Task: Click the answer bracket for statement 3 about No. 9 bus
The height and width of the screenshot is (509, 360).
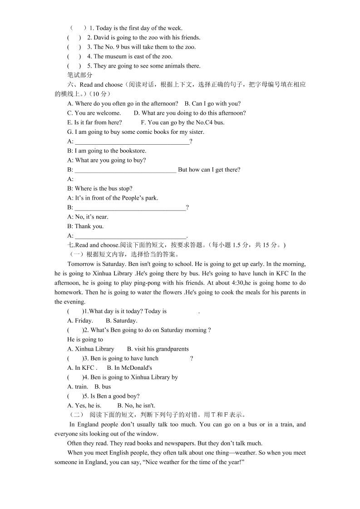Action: [74, 47]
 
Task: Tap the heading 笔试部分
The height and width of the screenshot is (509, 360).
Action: [79, 75]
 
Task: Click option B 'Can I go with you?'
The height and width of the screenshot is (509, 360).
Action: [213, 104]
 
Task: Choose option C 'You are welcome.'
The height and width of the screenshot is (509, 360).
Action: [94, 113]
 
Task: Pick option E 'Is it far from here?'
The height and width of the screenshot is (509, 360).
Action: [94, 122]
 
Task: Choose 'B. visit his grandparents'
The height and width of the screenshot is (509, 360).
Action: [158, 349]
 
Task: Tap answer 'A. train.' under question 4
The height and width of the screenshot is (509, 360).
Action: [77, 387]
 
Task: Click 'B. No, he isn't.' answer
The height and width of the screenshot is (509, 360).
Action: [136, 406]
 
